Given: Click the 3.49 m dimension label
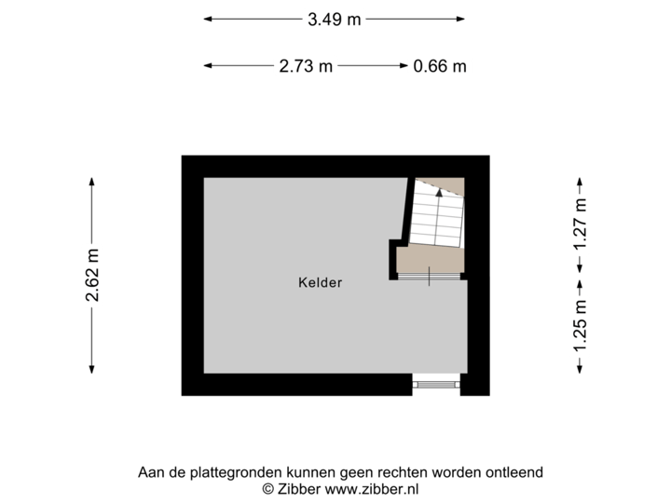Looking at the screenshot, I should click(x=334, y=18).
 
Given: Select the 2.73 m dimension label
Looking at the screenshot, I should click(x=305, y=65).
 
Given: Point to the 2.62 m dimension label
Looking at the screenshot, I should click(x=92, y=276).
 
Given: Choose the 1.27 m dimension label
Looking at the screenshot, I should click(x=580, y=224).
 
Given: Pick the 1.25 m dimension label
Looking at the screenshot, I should click(x=580, y=326).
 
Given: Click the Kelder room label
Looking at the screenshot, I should click(x=321, y=282).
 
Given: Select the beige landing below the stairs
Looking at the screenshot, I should click(x=430, y=261).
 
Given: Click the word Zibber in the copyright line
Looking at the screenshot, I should click(x=297, y=488).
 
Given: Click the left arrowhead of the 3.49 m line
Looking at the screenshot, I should click(x=207, y=18).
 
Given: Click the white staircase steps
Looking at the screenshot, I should click(x=439, y=219).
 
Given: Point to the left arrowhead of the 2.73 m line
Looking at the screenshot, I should click(x=207, y=65).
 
